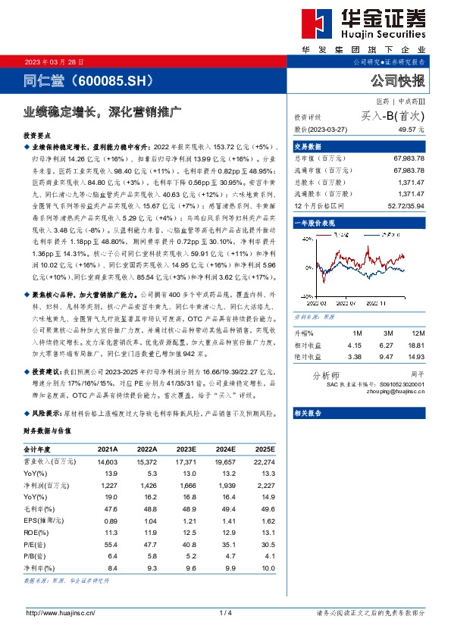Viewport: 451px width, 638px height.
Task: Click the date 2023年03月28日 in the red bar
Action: [48, 61]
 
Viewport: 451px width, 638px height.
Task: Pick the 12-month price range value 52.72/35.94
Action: [407, 205]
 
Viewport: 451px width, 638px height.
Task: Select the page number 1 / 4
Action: [225, 612]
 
